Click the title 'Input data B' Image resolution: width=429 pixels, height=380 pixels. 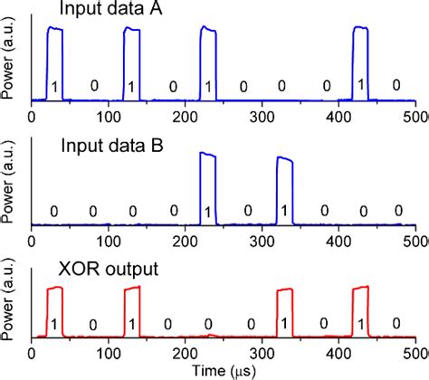[x=101, y=141]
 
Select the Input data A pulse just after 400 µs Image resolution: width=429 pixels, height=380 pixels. [x=361, y=54]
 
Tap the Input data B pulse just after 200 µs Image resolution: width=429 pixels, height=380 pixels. [x=208, y=181]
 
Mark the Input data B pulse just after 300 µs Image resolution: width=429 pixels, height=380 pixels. [x=284, y=185]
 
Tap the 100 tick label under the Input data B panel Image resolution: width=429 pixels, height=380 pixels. [x=108, y=242]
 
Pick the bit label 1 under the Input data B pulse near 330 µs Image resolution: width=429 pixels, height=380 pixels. [x=285, y=211]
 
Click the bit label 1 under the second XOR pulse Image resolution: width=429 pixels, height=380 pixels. [x=131, y=324]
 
